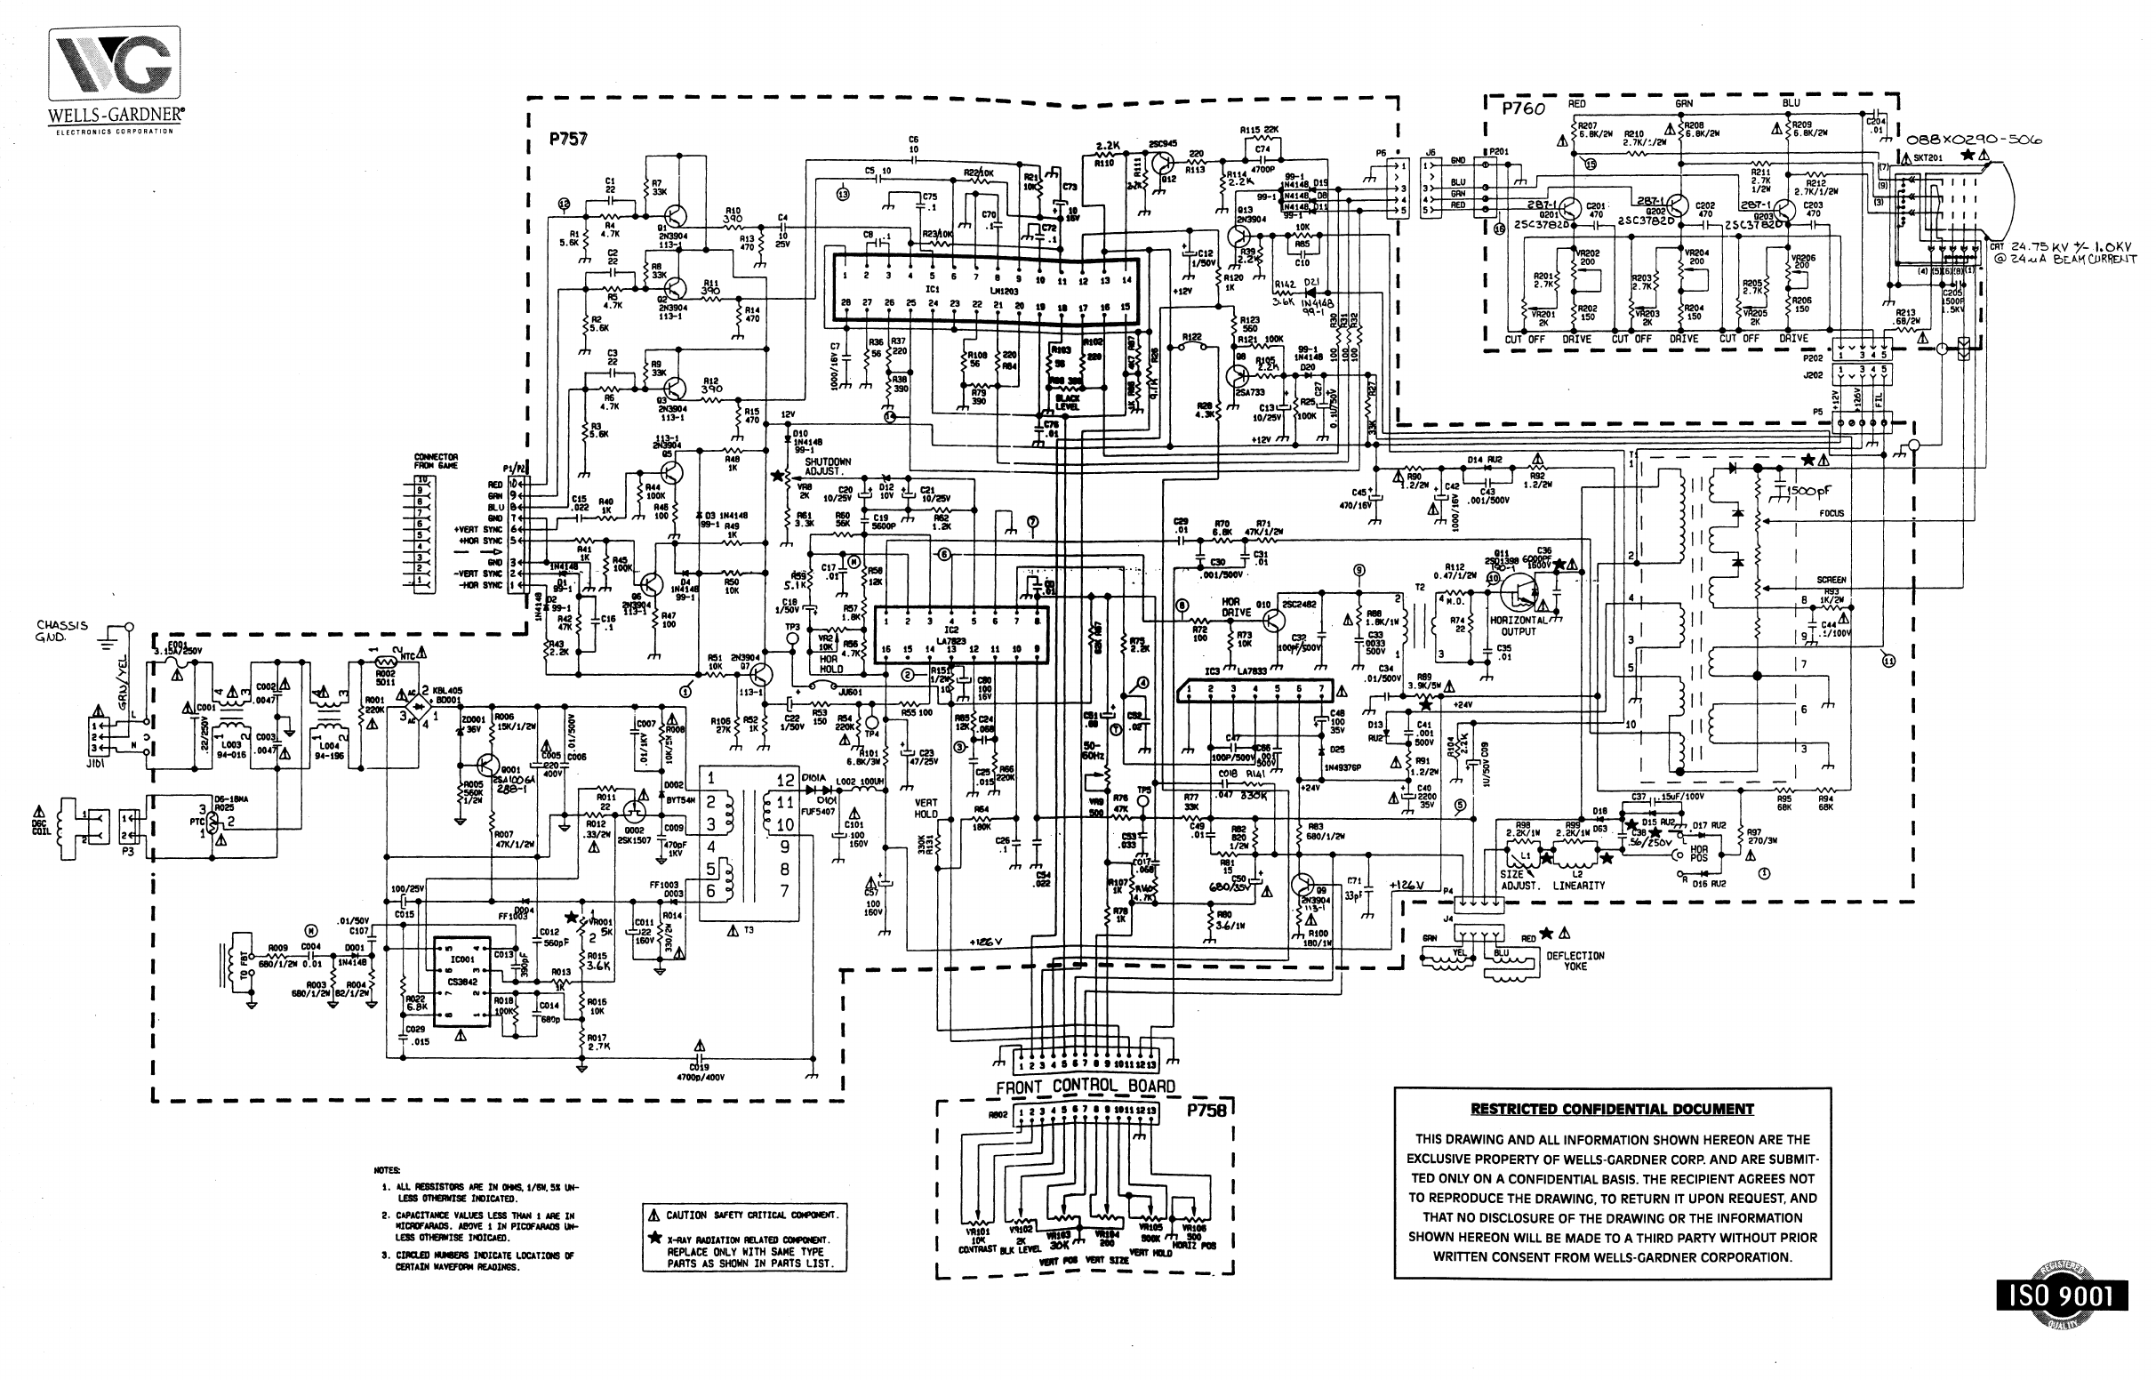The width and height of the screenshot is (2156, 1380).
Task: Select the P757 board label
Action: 568,140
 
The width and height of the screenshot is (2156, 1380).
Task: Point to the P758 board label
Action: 1206,1110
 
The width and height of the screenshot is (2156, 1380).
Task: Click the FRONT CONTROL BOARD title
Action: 1086,1086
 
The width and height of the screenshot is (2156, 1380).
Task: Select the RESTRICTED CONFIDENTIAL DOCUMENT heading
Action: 1611,1109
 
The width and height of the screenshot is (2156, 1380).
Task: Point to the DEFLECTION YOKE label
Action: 1575,960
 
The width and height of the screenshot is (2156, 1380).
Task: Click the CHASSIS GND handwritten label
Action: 62,630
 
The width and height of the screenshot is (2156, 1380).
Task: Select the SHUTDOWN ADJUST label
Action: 828,466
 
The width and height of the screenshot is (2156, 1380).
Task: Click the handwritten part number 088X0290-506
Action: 1971,140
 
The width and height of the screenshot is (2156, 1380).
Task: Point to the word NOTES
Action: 387,1170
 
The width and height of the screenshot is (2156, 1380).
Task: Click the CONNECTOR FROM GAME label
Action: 437,461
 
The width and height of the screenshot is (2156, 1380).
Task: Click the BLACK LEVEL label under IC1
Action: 1068,401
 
